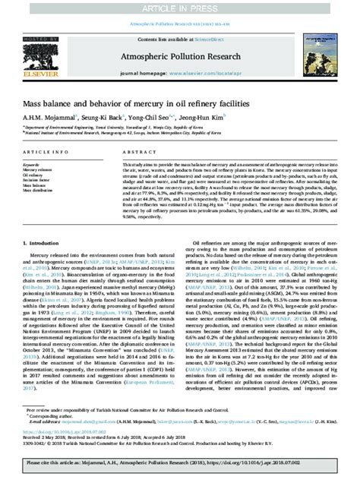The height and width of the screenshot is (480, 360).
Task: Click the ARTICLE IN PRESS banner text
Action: pos(180,8)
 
